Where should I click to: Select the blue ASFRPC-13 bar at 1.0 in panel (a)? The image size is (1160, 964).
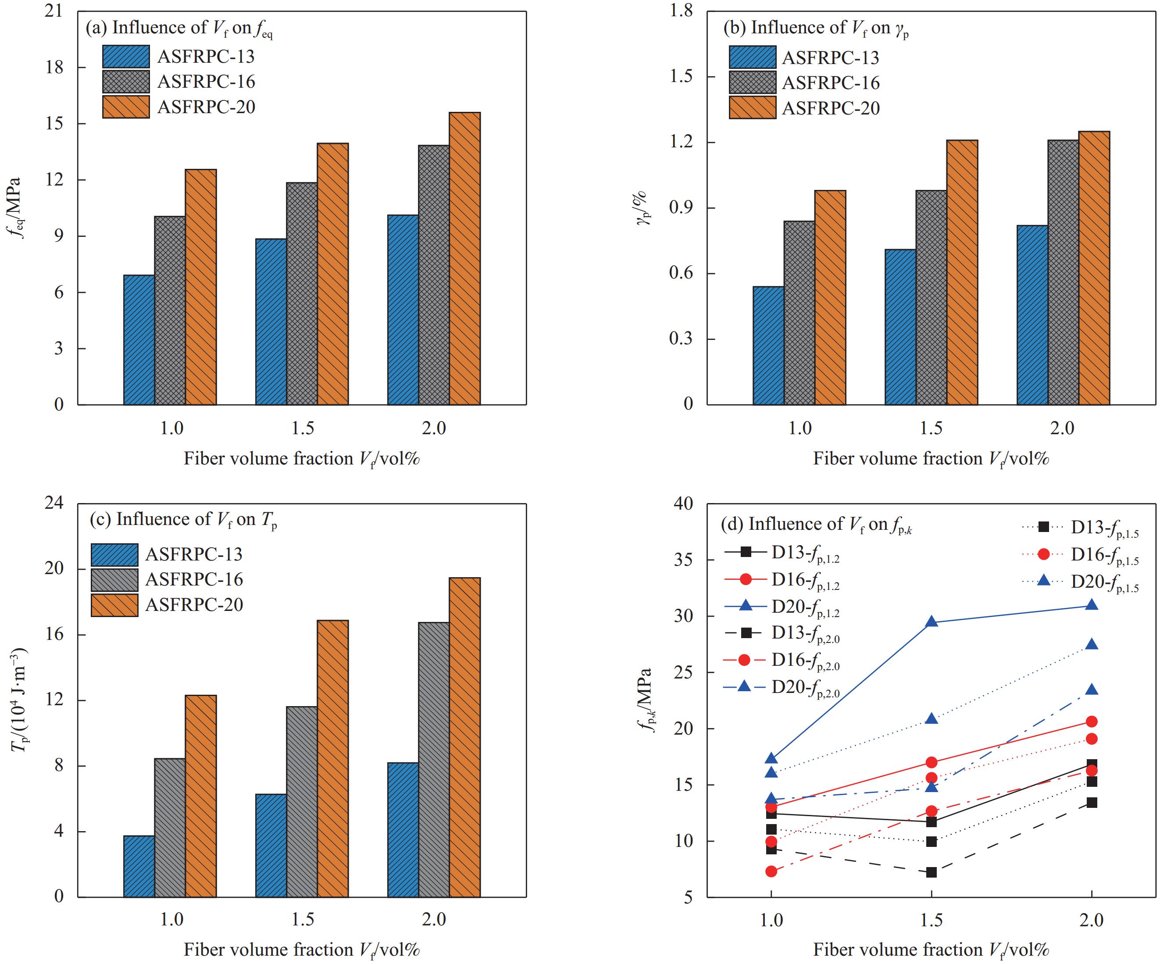point(139,340)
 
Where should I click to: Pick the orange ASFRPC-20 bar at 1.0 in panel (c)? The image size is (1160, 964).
point(200,796)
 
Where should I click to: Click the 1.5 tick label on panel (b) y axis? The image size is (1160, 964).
point(681,77)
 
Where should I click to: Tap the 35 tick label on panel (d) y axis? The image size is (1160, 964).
point(684,560)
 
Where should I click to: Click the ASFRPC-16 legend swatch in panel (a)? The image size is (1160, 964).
point(126,82)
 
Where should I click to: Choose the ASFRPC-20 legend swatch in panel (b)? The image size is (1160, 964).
point(752,108)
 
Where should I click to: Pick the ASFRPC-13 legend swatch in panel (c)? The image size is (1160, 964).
point(114,555)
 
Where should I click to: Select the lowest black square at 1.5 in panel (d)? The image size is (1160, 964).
point(932,872)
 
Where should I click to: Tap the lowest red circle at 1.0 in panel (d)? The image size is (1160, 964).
point(771,871)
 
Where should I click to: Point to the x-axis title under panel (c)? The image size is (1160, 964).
point(302,950)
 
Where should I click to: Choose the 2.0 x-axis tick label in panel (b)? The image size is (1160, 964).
point(1062,428)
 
